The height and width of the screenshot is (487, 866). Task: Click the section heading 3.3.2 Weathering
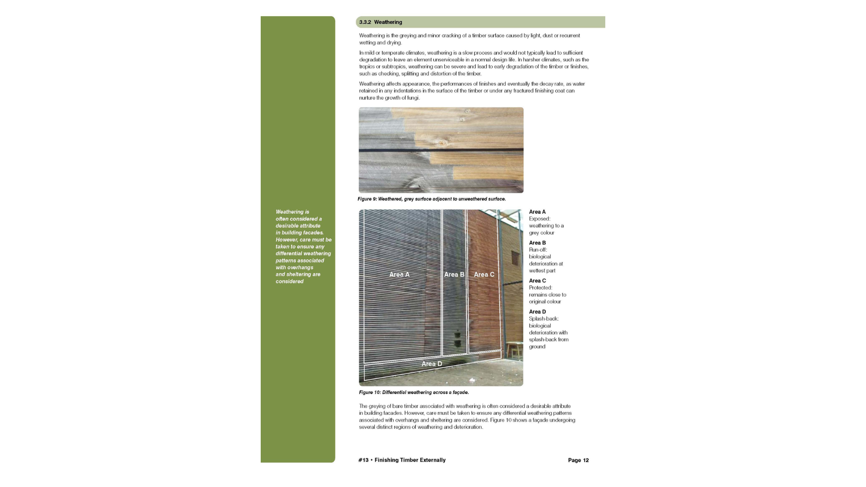(x=381, y=22)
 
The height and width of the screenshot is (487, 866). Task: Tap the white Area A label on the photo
(x=399, y=275)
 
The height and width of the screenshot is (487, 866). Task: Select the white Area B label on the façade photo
(x=454, y=275)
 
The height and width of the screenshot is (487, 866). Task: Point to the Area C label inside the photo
(x=484, y=275)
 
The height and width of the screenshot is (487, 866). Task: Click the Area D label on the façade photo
(x=432, y=364)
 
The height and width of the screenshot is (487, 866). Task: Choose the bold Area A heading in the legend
(x=537, y=212)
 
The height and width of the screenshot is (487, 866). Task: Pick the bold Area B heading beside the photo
(x=537, y=243)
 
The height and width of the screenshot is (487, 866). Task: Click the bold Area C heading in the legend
(x=537, y=281)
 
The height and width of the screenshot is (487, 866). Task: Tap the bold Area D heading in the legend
(x=537, y=312)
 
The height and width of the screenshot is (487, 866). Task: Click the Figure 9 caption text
(x=432, y=199)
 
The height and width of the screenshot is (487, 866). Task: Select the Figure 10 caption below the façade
(x=414, y=392)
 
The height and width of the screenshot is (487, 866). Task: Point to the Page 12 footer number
(x=578, y=460)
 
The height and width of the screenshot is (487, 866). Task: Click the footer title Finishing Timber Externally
(x=410, y=460)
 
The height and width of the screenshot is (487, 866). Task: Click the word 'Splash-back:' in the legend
(x=544, y=319)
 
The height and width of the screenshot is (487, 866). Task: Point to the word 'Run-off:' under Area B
(x=538, y=250)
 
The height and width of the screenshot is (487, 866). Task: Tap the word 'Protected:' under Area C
(x=540, y=288)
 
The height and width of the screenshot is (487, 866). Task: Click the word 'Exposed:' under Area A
(x=539, y=219)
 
